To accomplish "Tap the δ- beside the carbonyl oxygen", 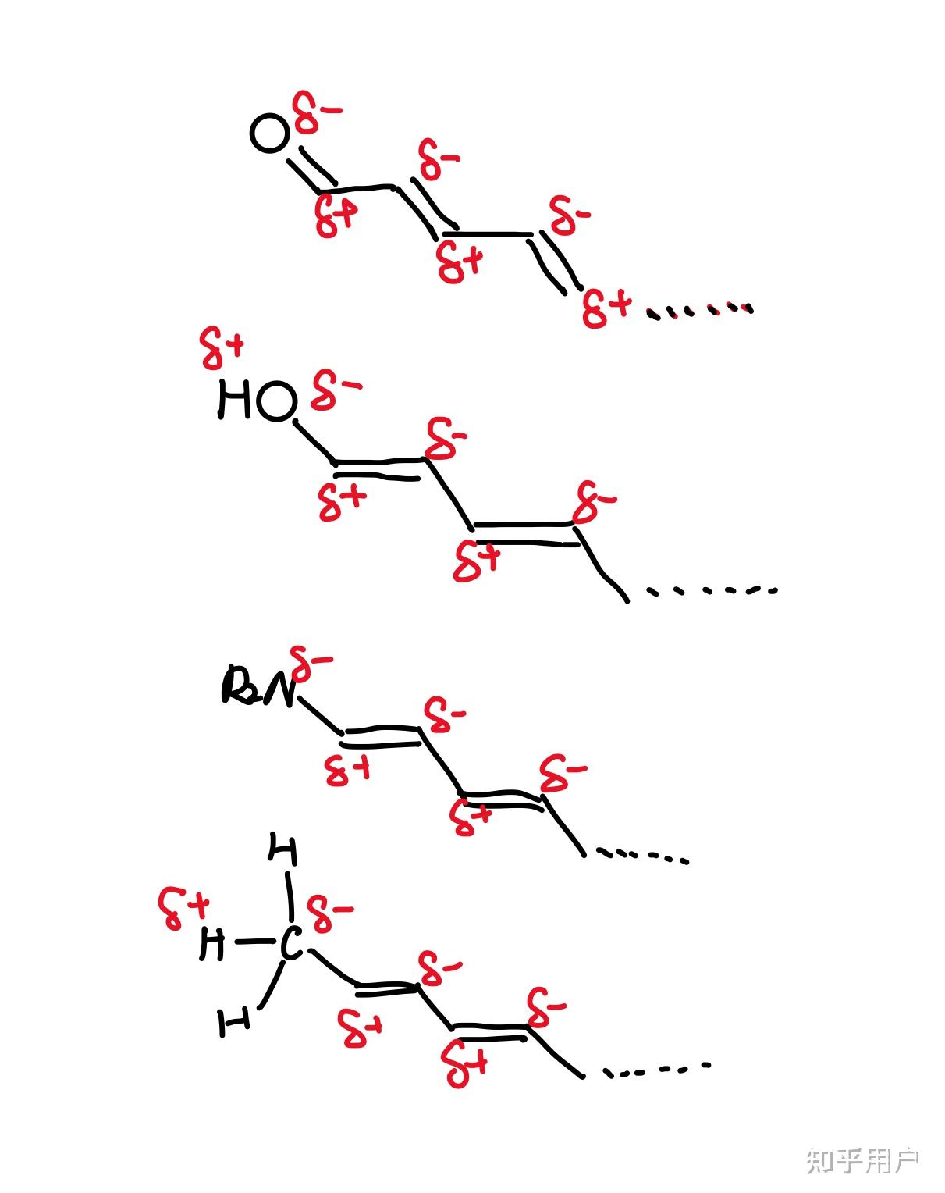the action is [315, 113].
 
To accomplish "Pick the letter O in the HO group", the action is [276, 402].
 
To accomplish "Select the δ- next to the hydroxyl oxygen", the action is [335, 390].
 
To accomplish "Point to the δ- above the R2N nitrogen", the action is [310, 664].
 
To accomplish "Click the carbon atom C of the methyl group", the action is [290, 944].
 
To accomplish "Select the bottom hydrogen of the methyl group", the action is [234, 1021].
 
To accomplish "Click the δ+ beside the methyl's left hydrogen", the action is [184, 908].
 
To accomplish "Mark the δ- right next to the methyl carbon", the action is [329, 914].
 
